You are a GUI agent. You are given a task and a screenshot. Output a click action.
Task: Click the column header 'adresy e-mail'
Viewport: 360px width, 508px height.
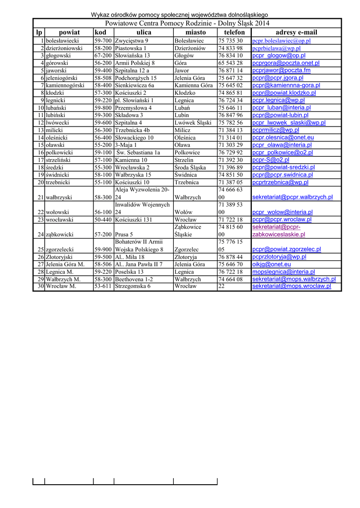click(x=296, y=32)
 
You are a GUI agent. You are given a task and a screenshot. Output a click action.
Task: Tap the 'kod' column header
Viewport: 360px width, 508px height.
click(x=100, y=32)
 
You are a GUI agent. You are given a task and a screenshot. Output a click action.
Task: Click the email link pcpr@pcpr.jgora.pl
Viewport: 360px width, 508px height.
click(x=278, y=78)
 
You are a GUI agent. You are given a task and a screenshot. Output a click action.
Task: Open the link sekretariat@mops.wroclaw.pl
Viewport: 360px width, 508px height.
click(x=291, y=286)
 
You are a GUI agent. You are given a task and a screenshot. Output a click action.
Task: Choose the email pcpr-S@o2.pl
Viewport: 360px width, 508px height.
click(x=271, y=160)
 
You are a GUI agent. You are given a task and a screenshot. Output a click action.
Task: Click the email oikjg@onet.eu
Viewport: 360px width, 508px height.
click(x=272, y=264)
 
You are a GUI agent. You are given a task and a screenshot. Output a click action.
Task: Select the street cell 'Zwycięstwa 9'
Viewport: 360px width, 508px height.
click(x=131, y=41)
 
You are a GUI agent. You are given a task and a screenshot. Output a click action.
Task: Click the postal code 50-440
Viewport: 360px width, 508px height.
click(x=103, y=219)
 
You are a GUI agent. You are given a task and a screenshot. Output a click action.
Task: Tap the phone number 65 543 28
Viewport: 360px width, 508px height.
click(x=230, y=63)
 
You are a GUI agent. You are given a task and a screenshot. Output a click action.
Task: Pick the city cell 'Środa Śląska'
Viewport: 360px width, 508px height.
click(x=190, y=167)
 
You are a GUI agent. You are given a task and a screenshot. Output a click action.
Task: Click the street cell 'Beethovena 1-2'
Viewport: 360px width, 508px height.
click(x=134, y=279)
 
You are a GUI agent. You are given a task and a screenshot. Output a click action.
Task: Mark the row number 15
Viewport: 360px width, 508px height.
click(x=41, y=145)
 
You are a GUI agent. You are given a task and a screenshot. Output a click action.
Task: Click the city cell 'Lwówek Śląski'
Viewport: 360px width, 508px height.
click(x=193, y=123)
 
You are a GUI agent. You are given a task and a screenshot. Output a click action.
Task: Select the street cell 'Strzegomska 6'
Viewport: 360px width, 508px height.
click(x=133, y=286)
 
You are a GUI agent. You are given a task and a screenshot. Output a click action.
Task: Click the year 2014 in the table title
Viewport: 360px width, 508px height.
click(x=262, y=23)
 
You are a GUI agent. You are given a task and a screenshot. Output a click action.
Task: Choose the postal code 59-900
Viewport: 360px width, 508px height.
click(x=103, y=250)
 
